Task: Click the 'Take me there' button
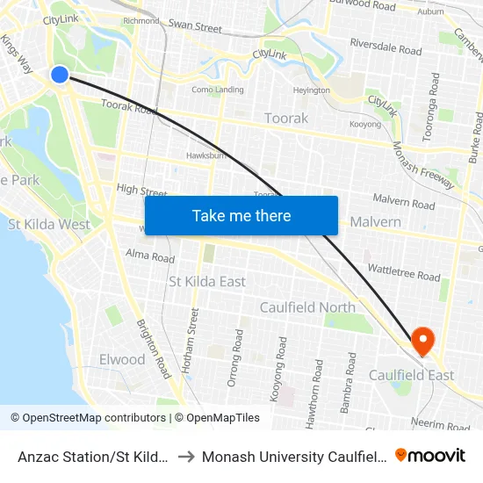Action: pyautogui.click(x=241, y=215)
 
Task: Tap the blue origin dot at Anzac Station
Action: pyautogui.click(x=60, y=75)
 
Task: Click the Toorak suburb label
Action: pyautogui.click(x=286, y=118)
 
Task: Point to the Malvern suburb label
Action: pyautogui.click(x=375, y=222)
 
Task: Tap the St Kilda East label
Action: pyautogui.click(x=206, y=281)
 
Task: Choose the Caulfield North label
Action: pyautogui.click(x=307, y=307)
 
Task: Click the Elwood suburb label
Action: pyautogui.click(x=122, y=359)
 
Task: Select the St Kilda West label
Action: pyautogui.click(x=49, y=224)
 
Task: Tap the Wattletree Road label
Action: pyautogui.click(x=405, y=276)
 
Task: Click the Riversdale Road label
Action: pyautogui.click(x=386, y=46)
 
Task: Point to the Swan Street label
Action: pyautogui.click(x=195, y=27)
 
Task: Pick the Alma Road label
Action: pyautogui.click(x=150, y=257)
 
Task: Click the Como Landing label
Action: pyautogui.click(x=218, y=90)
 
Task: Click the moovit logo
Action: pyautogui.click(x=430, y=456)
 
